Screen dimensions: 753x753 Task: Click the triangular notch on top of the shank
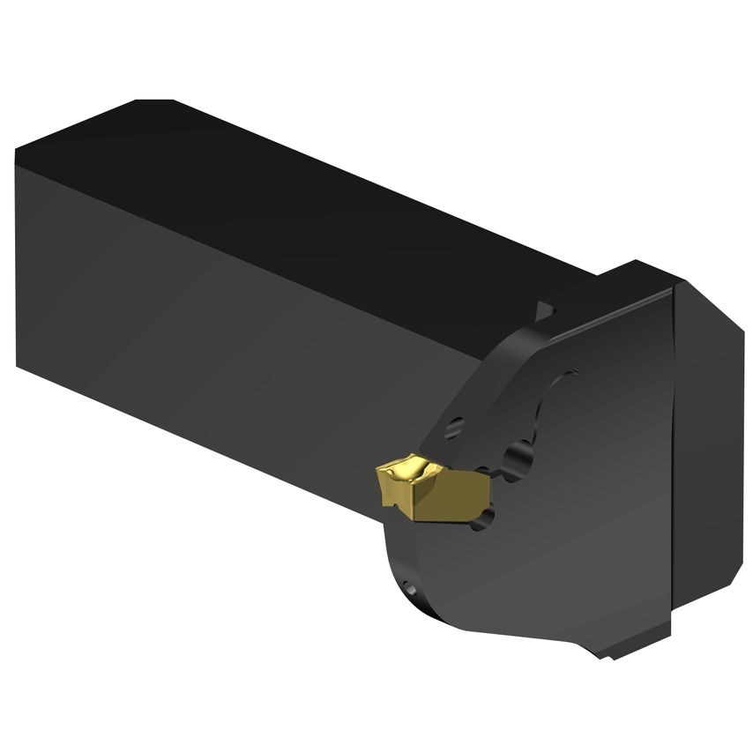pos(545,309)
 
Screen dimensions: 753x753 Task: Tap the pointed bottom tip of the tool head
pos(608,657)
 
